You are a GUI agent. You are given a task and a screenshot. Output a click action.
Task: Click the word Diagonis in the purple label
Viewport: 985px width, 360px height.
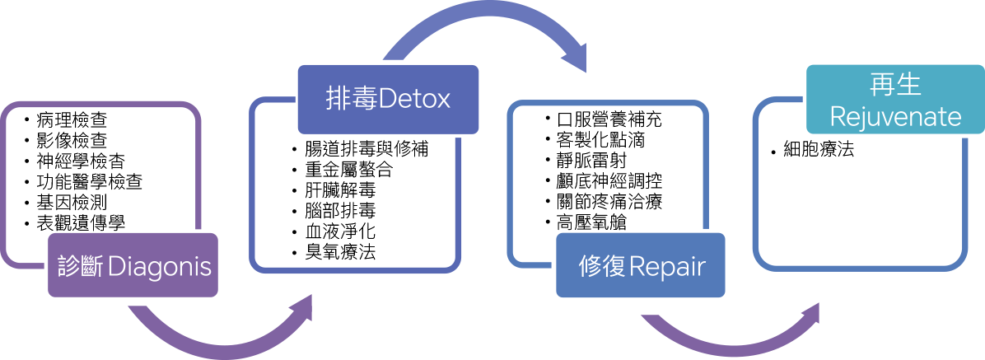160,266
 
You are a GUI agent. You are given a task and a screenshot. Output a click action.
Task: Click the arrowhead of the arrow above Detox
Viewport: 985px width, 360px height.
574,59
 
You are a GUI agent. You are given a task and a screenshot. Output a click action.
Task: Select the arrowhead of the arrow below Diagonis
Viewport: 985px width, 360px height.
302,310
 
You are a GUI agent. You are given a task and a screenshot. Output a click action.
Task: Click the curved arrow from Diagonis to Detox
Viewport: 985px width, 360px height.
214,342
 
